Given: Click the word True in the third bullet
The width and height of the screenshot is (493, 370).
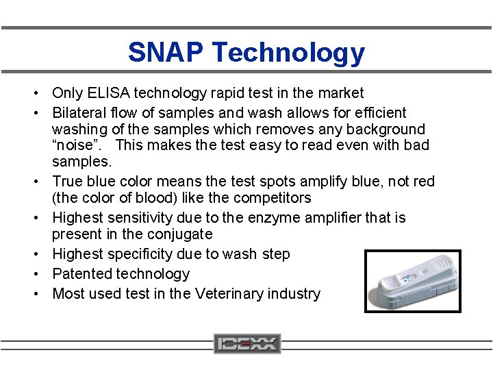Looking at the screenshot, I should [x=68, y=182].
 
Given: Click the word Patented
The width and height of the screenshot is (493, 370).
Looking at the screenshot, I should [x=82, y=274].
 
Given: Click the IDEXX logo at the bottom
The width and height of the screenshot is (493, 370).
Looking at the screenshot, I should [x=246, y=343].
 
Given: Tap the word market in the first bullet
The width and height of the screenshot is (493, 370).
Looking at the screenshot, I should [x=341, y=92].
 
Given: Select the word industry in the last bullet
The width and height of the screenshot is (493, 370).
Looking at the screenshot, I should [x=293, y=294].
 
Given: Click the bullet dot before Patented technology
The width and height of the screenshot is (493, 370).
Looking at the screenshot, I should [x=42, y=274].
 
